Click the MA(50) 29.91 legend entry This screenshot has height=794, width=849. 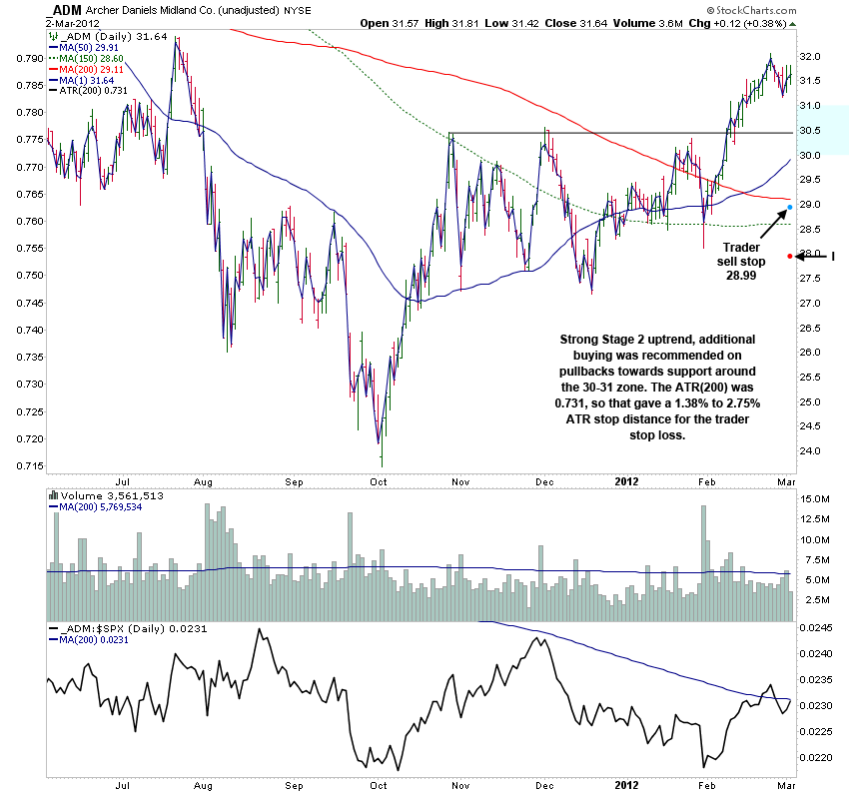(x=89, y=46)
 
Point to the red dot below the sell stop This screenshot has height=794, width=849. (x=790, y=257)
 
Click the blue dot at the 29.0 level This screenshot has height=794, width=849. (x=790, y=208)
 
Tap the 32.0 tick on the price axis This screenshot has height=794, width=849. (x=811, y=57)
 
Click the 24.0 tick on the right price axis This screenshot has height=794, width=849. (x=811, y=451)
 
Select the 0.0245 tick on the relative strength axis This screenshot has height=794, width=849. (x=818, y=628)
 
